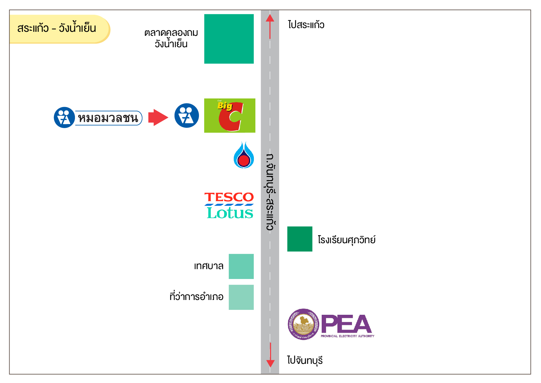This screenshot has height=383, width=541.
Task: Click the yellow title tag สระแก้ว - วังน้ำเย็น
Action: click(57, 29)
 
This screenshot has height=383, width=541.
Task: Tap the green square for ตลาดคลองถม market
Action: click(229, 39)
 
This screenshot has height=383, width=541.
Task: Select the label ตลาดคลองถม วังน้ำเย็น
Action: click(171, 39)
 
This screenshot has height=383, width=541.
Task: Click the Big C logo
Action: click(229, 116)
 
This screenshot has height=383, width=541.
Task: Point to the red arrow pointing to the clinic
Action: click(158, 118)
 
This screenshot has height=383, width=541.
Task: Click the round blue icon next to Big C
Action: click(187, 116)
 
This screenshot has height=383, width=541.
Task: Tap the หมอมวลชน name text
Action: click(108, 118)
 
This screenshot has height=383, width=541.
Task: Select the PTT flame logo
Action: click(244, 155)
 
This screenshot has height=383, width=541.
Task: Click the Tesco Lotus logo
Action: click(229, 206)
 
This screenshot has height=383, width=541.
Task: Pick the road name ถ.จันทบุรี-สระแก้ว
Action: click(270, 192)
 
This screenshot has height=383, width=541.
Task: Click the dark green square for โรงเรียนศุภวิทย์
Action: click(299, 239)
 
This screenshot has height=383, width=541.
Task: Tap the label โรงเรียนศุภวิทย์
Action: click(347, 240)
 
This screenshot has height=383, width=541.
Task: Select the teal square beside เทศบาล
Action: click(241, 266)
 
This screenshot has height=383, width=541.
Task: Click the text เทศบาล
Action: click(209, 266)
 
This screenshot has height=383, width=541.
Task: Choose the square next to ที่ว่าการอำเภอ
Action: click(241, 297)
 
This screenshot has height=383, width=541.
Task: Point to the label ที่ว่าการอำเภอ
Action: click(196, 297)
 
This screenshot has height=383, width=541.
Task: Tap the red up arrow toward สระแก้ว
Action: click(270, 27)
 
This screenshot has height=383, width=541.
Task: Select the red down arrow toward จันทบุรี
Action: click(270, 355)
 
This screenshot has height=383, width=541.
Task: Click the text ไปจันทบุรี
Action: click(305, 360)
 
